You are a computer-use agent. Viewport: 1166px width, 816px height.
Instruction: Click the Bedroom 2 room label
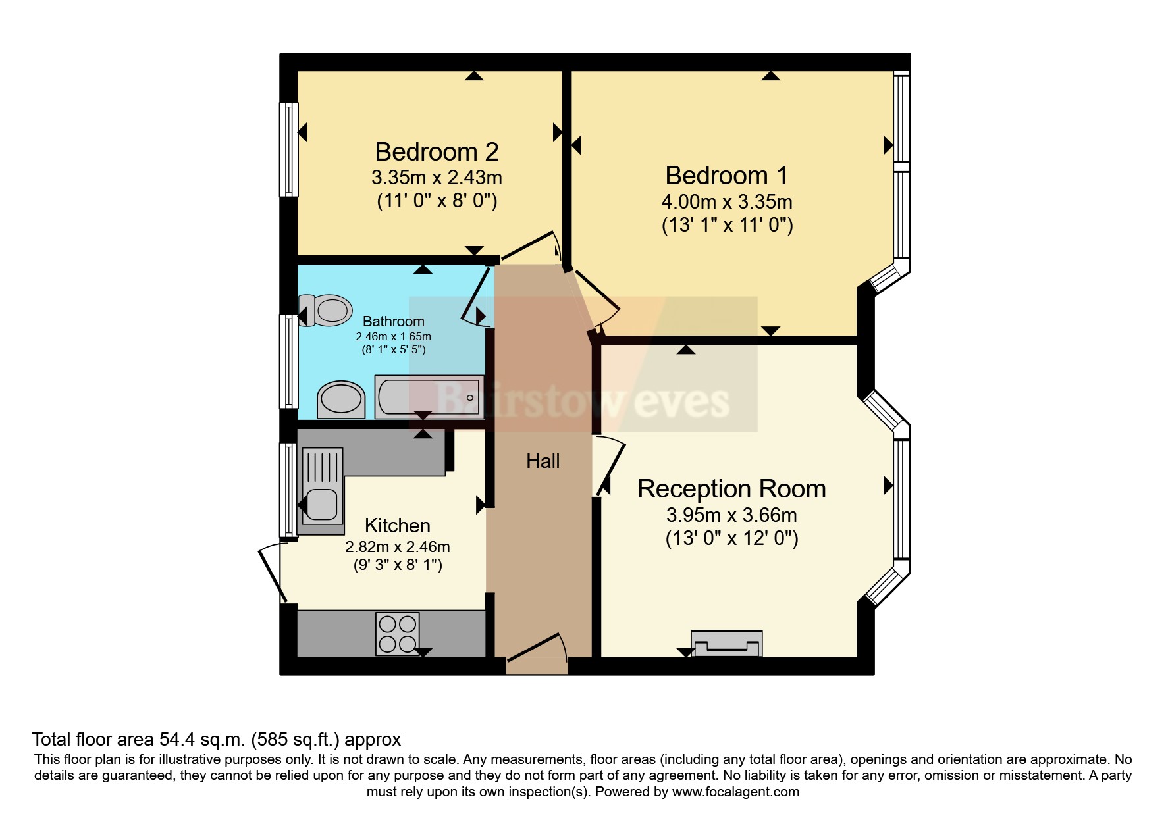coord(437,152)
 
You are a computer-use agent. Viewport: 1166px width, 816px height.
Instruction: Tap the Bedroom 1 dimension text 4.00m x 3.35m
coord(727,201)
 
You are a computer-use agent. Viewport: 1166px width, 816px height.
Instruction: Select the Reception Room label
coord(731,489)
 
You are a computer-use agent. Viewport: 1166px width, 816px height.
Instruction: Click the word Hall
coord(543,461)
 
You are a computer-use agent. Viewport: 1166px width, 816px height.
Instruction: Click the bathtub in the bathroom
coord(429,397)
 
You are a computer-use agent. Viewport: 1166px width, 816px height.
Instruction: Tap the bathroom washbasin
coord(341,399)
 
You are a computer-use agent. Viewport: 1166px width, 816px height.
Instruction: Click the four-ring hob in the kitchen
coord(397,634)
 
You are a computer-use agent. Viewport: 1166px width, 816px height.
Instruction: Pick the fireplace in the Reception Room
coord(726,643)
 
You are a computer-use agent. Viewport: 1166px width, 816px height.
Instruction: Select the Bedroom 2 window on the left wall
coord(288,149)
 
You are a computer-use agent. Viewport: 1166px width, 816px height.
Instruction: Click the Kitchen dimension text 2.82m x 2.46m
coord(397,547)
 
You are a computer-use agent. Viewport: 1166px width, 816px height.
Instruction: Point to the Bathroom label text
coord(394,321)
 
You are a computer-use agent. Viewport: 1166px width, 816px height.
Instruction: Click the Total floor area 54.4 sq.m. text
coord(216,739)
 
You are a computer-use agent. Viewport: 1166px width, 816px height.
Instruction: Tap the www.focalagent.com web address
coord(735,792)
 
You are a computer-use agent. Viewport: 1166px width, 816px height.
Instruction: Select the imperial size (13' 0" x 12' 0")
coord(731,539)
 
